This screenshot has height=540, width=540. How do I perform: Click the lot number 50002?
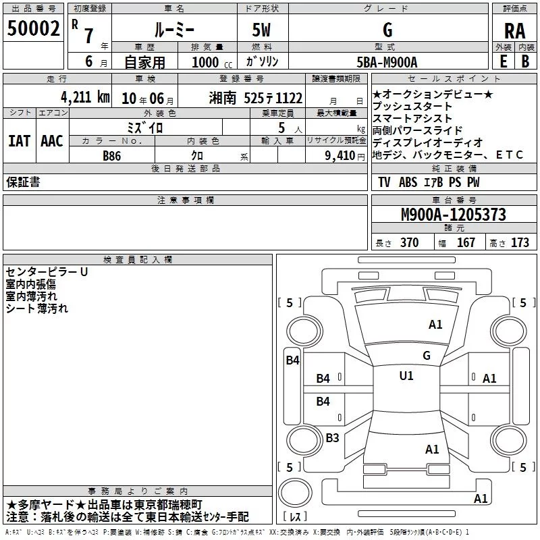click(33, 28)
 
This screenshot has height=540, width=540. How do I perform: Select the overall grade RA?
click(514, 31)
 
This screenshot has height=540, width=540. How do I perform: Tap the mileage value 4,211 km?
click(85, 97)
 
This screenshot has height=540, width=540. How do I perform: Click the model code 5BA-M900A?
click(387, 62)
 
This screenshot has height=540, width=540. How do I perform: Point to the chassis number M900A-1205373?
click(454, 215)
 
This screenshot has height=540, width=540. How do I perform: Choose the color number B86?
click(111, 156)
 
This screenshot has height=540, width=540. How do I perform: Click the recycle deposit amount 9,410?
click(340, 156)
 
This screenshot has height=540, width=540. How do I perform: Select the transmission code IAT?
click(20, 141)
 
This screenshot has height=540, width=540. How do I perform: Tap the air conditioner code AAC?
click(52, 141)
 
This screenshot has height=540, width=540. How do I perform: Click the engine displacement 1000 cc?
click(212, 62)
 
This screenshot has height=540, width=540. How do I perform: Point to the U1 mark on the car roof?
click(406, 376)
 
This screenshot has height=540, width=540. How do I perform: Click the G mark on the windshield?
click(427, 356)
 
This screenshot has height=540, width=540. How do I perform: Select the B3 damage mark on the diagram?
click(332, 437)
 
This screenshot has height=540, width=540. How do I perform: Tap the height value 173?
click(520, 243)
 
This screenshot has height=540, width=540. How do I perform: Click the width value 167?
click(466, 243)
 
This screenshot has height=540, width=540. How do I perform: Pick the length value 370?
click(410, 243)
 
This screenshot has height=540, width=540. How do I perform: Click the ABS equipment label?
click(408, 182)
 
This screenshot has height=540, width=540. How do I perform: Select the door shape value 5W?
click(261, 30)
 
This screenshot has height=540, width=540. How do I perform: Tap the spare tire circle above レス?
click(295, 492)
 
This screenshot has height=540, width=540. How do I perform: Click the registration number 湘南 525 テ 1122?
click(256, 98)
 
